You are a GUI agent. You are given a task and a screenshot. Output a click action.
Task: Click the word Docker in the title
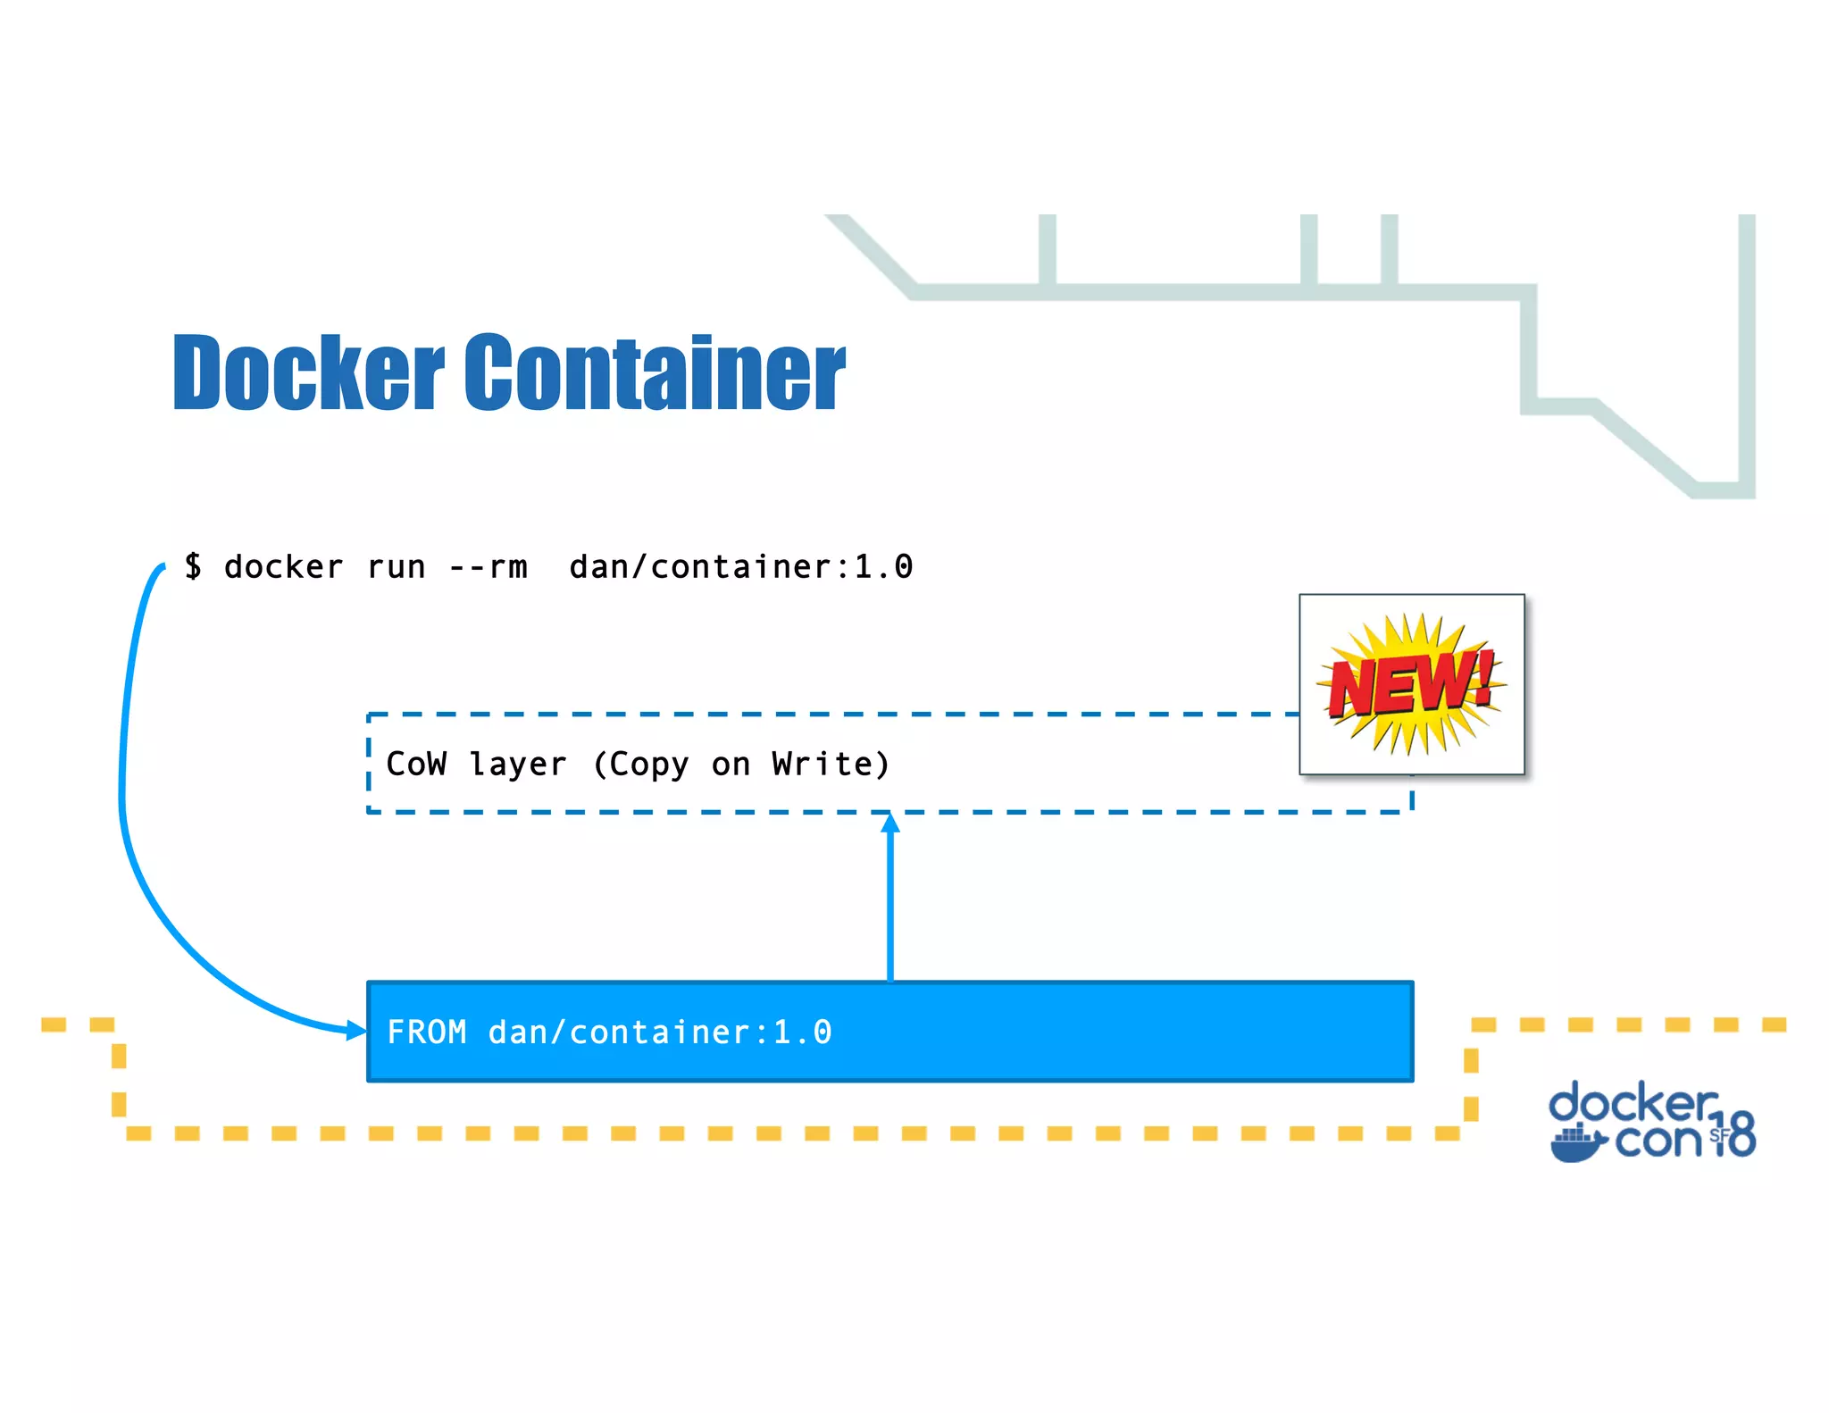tap(308, 372)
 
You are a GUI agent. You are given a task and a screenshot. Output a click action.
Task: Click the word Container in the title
tap(655, 372)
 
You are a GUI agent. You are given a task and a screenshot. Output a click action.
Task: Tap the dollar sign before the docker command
tap(193, 566)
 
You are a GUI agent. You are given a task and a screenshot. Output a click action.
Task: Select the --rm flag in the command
tap(489, 567)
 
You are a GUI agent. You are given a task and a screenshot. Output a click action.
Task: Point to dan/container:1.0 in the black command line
tap(741, 567)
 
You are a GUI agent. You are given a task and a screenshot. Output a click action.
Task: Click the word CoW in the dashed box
tap(416, 764)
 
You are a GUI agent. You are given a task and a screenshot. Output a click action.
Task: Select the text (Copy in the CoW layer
tap(640, 765)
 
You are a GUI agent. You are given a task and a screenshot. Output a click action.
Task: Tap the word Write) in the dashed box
tap(831, 764)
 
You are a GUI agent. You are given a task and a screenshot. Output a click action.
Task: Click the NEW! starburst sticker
tap(1411, 684)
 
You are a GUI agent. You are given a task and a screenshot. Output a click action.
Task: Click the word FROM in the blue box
tap(427, 1033)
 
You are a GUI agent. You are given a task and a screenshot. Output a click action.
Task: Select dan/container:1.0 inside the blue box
tap(660, 1033)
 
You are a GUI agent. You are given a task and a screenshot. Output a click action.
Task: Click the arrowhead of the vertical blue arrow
tap(889, 823)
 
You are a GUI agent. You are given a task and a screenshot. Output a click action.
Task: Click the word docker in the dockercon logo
tap(1633, 1103)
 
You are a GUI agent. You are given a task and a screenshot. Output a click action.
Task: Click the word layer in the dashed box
tap(518, 765)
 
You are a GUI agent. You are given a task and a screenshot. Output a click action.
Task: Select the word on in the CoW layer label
tap(731, 765)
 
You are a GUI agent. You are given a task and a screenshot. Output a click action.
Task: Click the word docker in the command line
tap(283, 567)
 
